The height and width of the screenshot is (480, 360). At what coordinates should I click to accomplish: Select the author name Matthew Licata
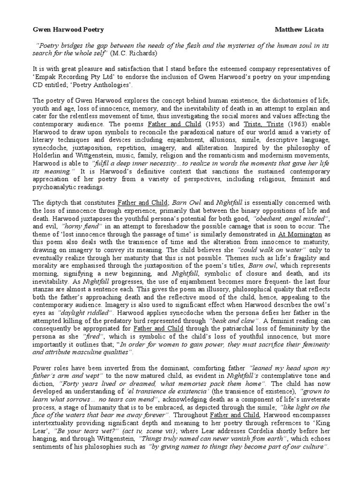tap(299, 30)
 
